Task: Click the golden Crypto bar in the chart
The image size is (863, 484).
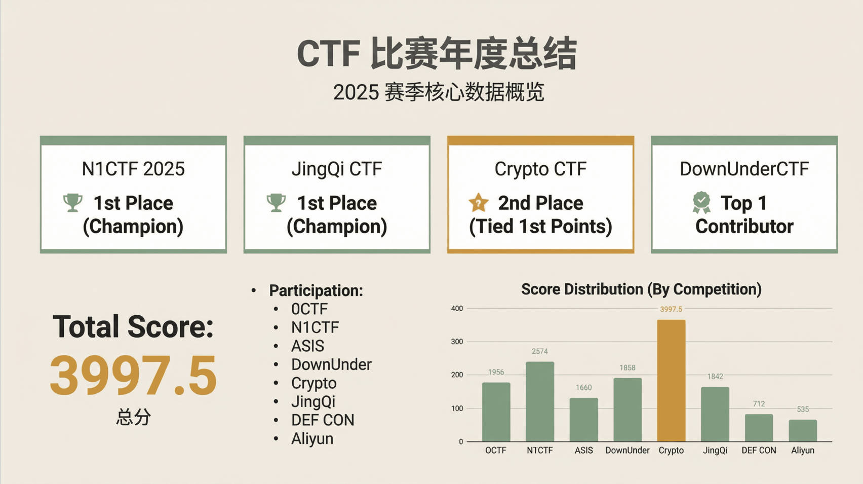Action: tap(671, 381)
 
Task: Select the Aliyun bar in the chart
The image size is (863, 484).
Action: tap(803, 430)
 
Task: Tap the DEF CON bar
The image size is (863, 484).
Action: tap(759, 428)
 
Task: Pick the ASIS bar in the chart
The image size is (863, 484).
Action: tap(584, 420)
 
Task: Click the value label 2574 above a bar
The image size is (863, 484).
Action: tap(540, 351)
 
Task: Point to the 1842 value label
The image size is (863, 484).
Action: tap(715, 377)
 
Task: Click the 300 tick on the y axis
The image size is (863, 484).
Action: tap(457, 342)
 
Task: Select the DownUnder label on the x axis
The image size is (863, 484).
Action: tap(627, 450)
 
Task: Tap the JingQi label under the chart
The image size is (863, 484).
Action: tap(715, 451)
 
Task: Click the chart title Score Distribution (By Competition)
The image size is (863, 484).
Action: tap(642, 289)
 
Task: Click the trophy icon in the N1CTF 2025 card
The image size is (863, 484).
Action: tap(73, 203)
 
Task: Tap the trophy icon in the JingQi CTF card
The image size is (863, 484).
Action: tap(276, 203)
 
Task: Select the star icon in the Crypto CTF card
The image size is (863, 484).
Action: tap(479, 203)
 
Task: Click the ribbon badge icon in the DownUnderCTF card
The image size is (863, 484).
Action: tap(701, 203)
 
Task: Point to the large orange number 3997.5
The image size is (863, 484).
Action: tap(133, 375)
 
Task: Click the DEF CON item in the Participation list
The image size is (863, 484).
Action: tap(323, 420)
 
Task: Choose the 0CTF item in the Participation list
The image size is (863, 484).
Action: tap(309, 309)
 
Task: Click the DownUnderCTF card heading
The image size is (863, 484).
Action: tap(744, 169)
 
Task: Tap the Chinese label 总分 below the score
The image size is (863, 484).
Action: tap(133, 417)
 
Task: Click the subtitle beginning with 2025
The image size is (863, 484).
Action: tap(439, 92)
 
